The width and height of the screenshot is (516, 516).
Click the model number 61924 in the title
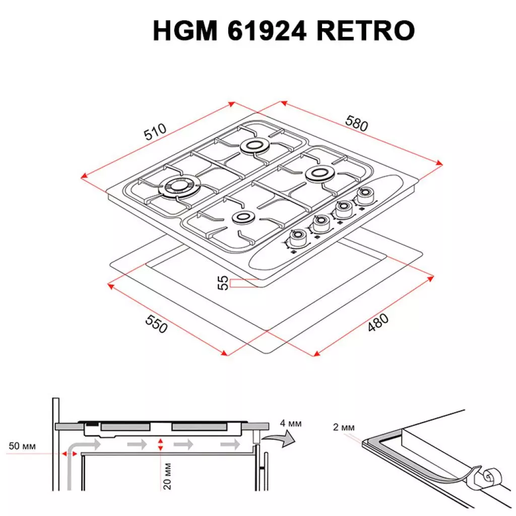[x=268, y=32]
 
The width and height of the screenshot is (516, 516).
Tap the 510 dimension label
[x=155, y=133]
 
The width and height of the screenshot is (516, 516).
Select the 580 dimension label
[x=357, y=123]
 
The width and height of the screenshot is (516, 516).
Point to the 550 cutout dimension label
[x=156, y=324]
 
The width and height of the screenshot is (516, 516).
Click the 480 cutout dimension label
[x=378, y=322]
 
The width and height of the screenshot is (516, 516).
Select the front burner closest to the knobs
[x=243, y=218]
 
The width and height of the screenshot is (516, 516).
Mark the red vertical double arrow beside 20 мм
[x=160, y=444]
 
